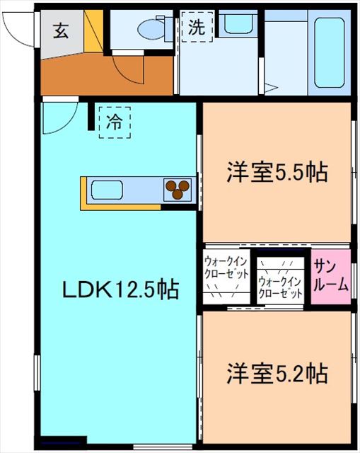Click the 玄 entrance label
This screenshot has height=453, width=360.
[x=62, y=31]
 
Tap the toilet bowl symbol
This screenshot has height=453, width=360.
[x=150, y=29]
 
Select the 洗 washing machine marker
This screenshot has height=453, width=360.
[x=195, y=28]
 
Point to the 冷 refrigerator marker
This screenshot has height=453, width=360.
[x=115, y=121]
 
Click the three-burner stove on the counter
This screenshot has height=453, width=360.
[x=178, y=189]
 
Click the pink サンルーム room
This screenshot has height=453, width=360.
[x=331, y=276]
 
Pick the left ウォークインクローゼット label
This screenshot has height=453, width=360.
[x=226, y=267]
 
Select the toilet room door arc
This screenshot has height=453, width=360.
[x=127, y=71]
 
